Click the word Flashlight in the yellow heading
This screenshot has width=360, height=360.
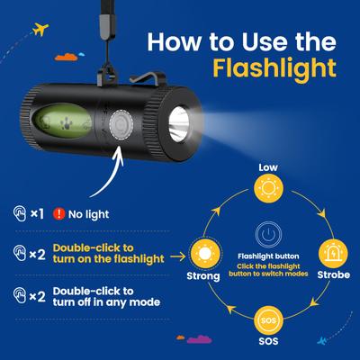click(x=274, y=68)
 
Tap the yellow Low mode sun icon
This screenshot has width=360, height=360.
click(x=268, y=188)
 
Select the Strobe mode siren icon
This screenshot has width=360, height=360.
click(x=333, y=254)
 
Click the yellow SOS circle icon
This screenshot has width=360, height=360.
click(x=268, y=320)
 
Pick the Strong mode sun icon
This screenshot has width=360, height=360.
click(x=205, y=254)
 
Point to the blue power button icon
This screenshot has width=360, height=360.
click(x=268, y=235)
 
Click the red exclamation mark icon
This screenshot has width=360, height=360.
click(x=58, y=214)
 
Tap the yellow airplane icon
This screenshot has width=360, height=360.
click(x=40, y=29)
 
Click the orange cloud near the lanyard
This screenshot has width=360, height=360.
click(x=67, y=57)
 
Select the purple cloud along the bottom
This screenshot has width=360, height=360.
click(x=199, y=339)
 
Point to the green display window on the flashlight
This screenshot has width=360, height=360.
click(x=62, y=121)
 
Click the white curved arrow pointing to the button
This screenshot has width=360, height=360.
click(x=110, y=173)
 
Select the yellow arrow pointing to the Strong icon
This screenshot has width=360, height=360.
click(x=178, y=256)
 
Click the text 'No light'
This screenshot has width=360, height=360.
click(x=89, y=214)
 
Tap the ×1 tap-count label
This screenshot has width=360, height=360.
click(x=38, y=214)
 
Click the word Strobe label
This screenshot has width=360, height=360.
click(x=334, y=274)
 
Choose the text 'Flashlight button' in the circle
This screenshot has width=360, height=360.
click(x=268, y=256)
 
